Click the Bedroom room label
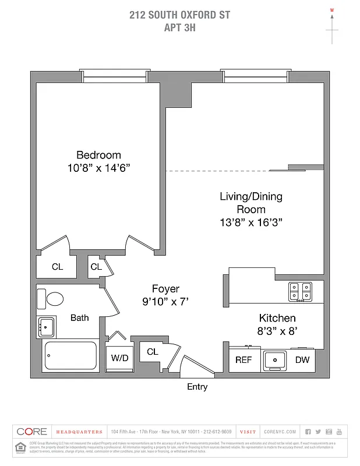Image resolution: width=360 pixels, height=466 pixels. click(98, 155)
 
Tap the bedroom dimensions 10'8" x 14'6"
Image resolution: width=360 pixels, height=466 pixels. click(98, 168)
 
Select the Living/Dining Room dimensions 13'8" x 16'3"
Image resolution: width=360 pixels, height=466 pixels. click(251, 222)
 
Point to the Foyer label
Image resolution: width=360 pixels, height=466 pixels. click(165, 288)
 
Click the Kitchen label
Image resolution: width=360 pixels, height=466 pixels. click(277, 318)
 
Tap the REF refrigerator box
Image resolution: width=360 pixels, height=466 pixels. click(243, 360)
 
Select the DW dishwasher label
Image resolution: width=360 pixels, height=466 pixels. click(302, 360)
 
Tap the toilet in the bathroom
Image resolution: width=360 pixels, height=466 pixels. click(54, 299)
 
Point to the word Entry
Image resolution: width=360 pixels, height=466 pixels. click(197, 387)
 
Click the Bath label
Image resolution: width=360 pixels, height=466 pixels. click(80, 317)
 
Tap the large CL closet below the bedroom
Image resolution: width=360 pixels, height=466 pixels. click(57, 267)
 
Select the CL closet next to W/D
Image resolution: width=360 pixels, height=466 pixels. click(153, 352)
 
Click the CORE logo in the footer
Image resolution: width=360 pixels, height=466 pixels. click(31, 432)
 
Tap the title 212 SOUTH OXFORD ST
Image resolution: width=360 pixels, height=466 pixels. click(180, 15)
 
